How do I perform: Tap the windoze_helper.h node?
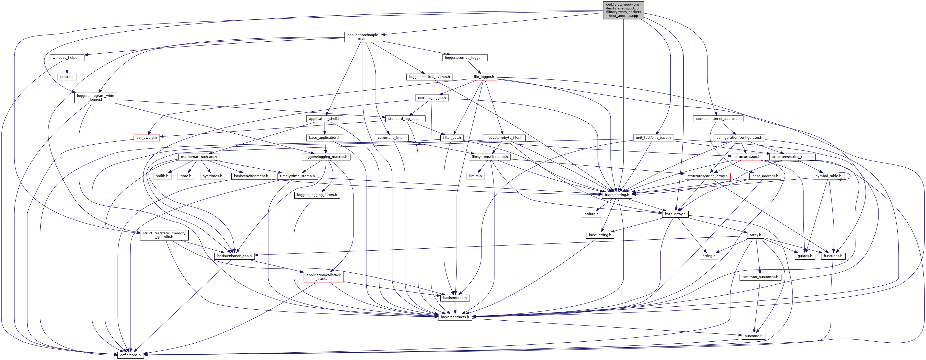point(67,57)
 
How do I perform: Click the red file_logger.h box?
point(484,77)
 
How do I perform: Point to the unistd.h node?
point(67,77)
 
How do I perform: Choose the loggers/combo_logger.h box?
point(464,57)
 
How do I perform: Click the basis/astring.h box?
point(617,195)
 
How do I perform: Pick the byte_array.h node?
point(675,214)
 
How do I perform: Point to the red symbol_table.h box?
point(828,176)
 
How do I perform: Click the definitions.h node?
point(130,355)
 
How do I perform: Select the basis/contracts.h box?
point(455,317)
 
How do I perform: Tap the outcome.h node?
point(753,336)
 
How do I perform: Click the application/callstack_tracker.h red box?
point(323,277)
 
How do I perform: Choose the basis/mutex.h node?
point(455,298)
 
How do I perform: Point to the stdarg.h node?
point(591,214)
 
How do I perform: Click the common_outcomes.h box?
point(760,277)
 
